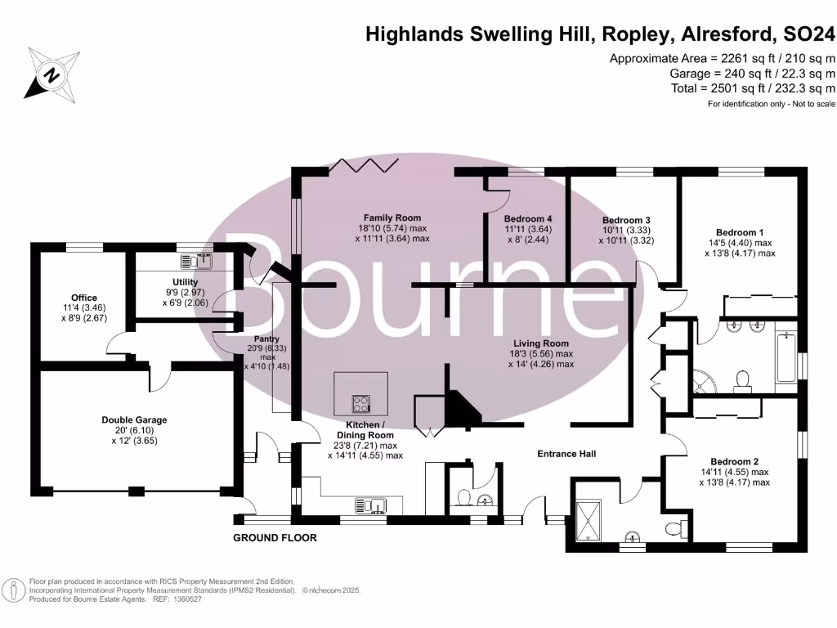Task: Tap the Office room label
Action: click(83, 298)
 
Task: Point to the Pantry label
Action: click(266, 339)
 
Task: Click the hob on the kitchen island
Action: click(360, 403)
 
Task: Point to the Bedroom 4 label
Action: click(527, 219)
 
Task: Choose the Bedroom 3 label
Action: click(626, 220)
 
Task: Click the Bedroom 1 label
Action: click(740, 232)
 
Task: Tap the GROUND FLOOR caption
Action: click(275, 538)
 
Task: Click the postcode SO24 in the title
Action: click(808, 34)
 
